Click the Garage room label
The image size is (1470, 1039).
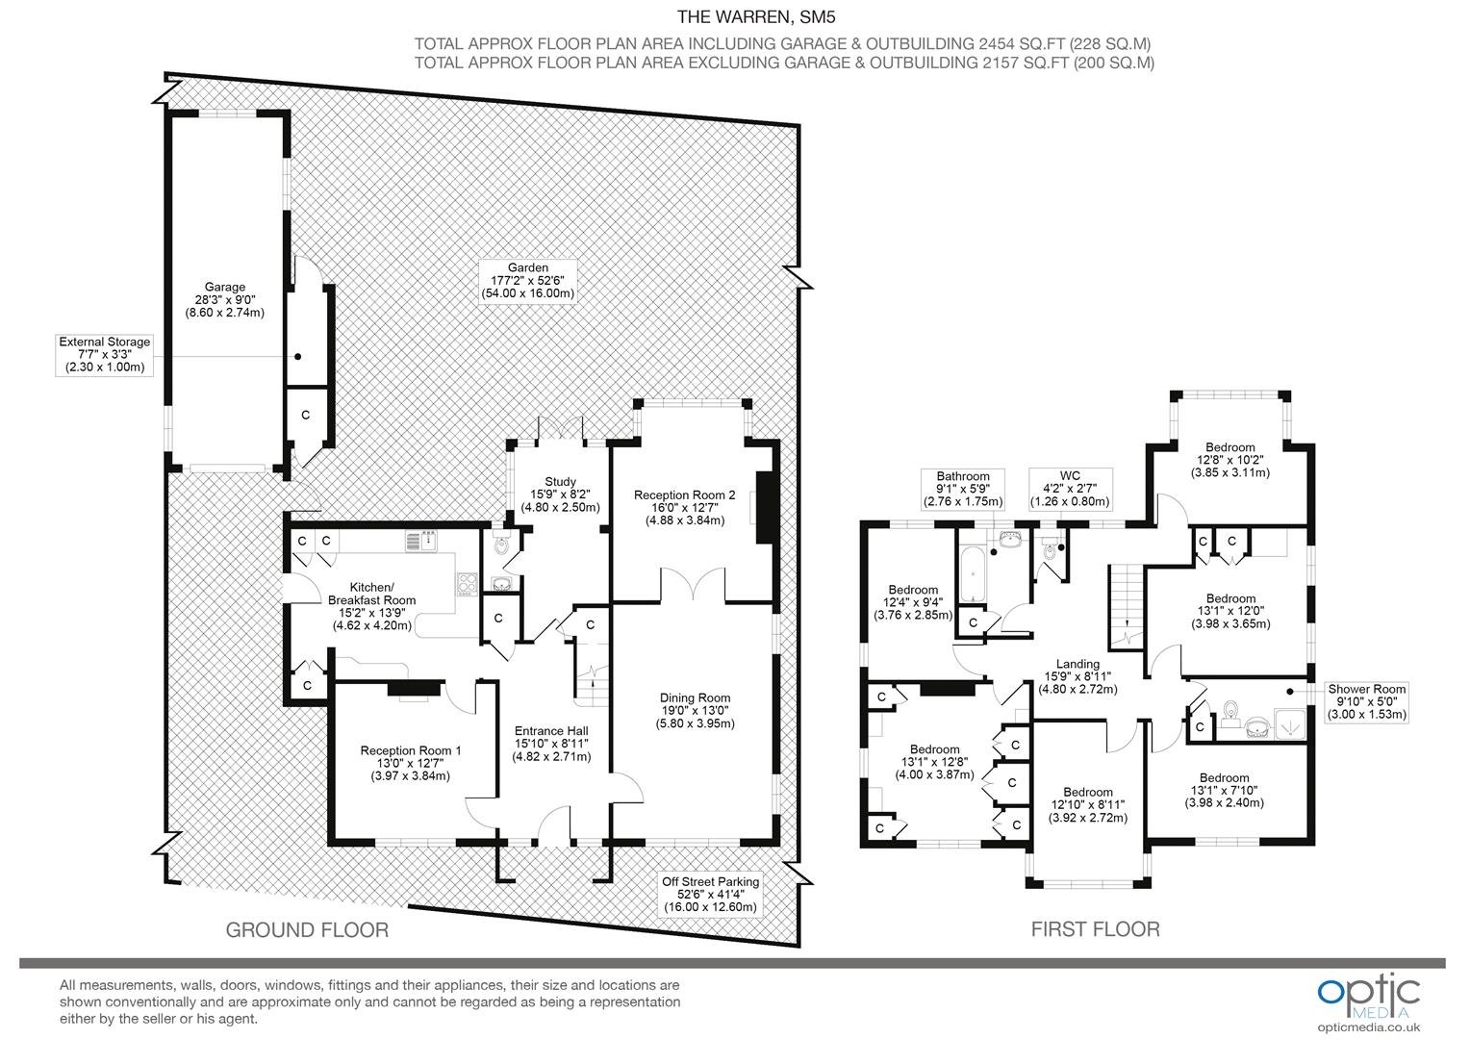(224, 299)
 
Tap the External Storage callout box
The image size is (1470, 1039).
(104, 354)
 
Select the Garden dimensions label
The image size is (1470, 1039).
(527, 280)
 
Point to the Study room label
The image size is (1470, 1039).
(560, 494)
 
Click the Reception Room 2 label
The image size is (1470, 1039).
(684, 507)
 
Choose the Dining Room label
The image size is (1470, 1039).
(695, 710)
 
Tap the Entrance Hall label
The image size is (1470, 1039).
(551, 743)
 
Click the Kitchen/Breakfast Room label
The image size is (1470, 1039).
(372, 606)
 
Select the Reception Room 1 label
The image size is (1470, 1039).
(410, 763)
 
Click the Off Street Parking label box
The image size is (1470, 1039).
(710, 894)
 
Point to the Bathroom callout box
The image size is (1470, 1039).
(963, 489)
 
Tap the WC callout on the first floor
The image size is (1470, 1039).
(1070, 489)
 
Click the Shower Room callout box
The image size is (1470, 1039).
(1366, 701)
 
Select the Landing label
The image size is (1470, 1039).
(1077, 676)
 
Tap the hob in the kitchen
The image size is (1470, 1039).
(467, 584)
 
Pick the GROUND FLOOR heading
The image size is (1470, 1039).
(307, 929)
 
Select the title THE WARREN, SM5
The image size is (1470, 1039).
(756, 17)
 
